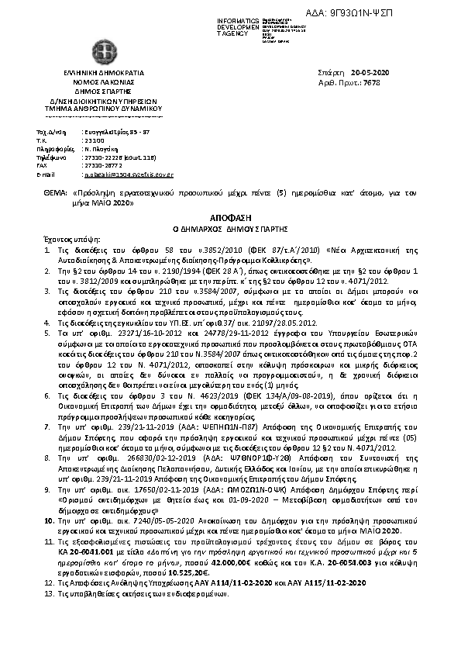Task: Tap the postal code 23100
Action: [91, 140]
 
